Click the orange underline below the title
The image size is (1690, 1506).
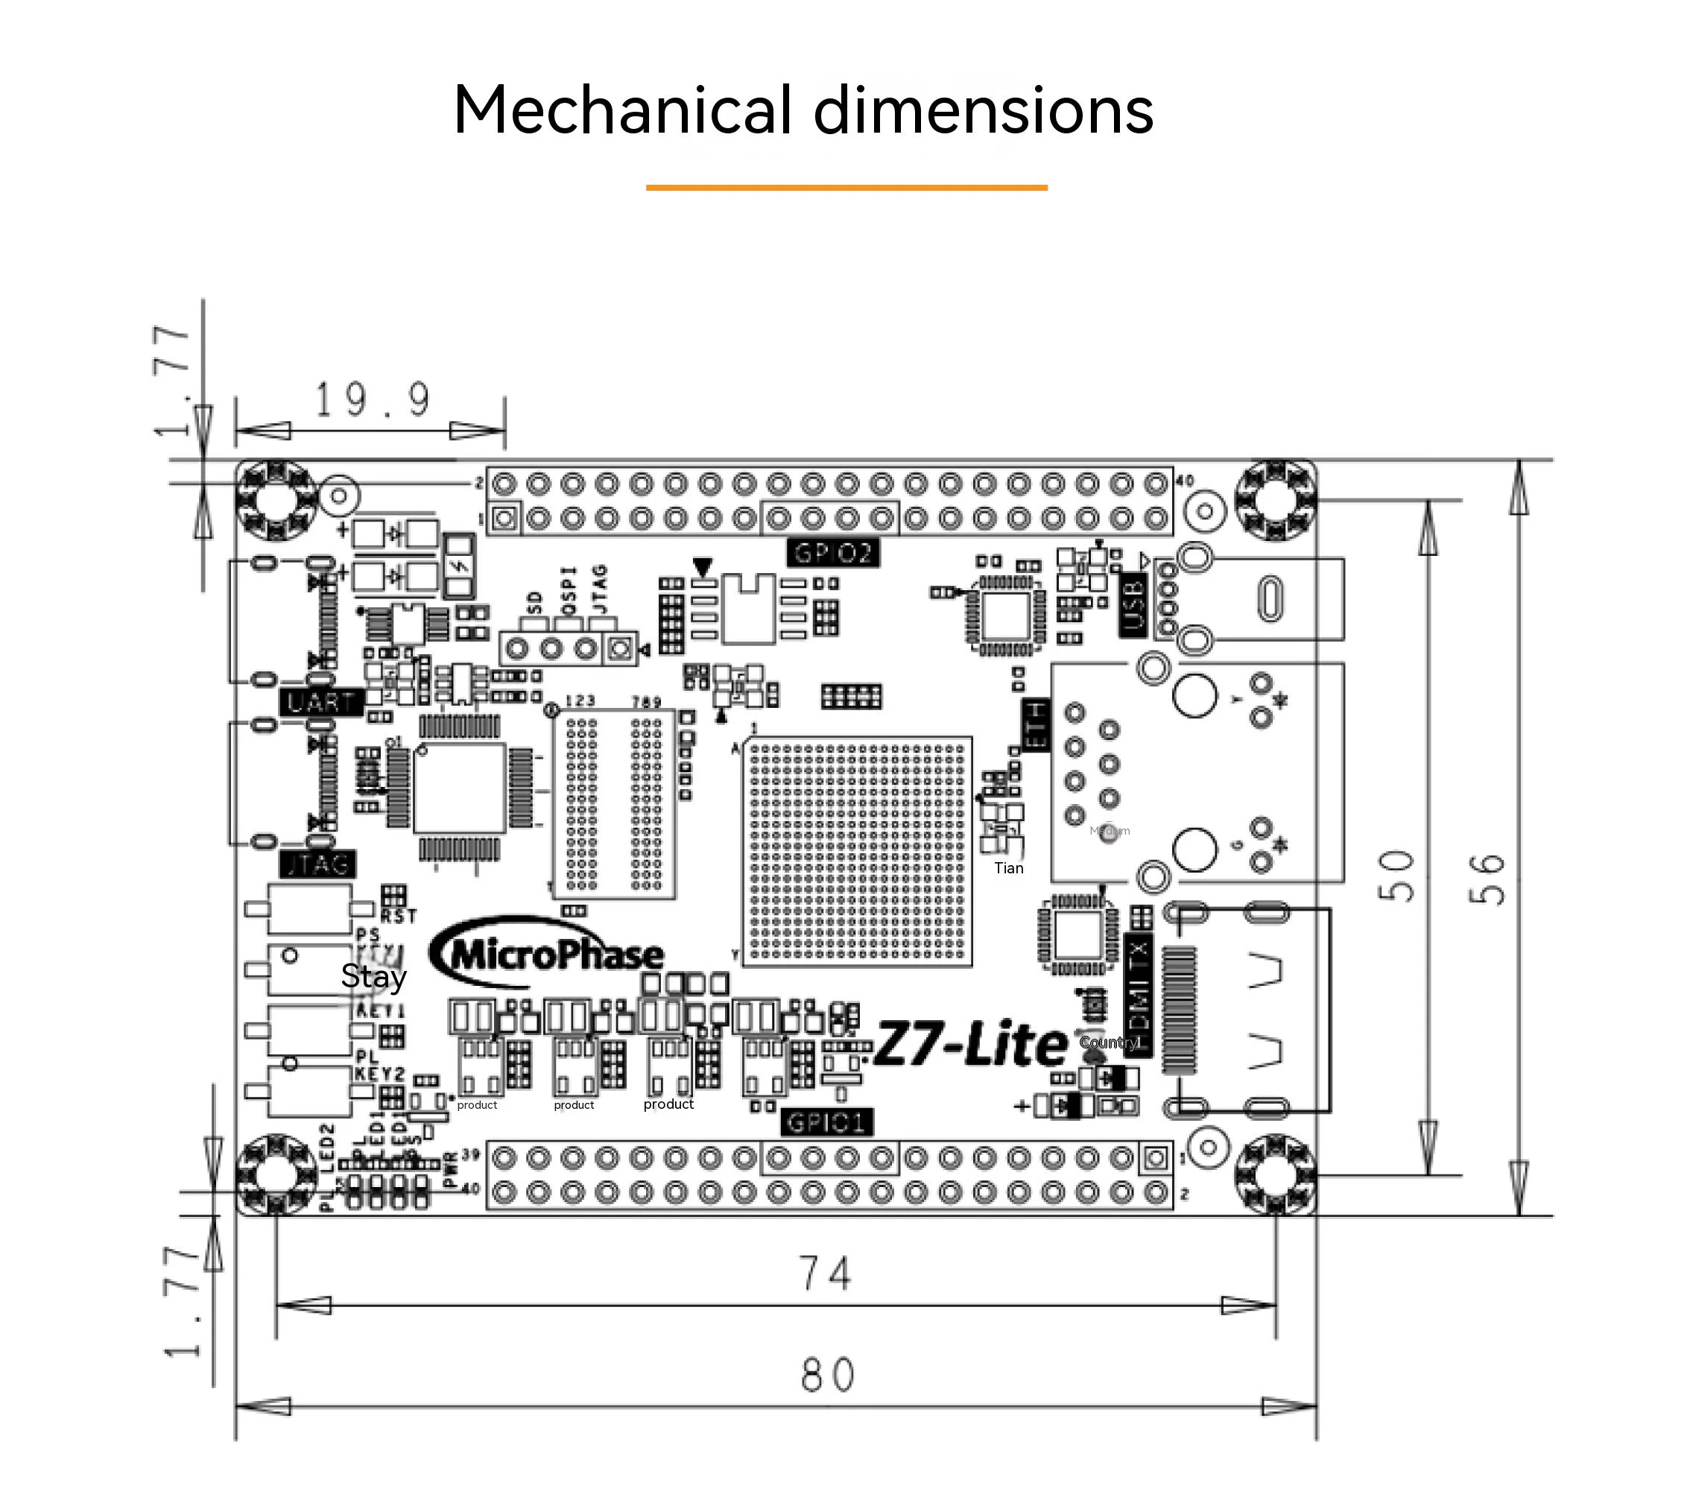(x=846, y=188)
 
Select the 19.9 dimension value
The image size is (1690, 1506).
(x=372, y=399)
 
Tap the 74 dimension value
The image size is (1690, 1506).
(x=824, y=1274)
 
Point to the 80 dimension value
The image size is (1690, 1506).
(x=827, y=1376)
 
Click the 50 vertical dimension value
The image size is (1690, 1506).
(x=1396, y=876)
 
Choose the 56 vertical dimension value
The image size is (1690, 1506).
(x=1487, y=879)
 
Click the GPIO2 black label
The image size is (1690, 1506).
(x=832, y=553)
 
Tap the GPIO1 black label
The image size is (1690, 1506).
(x=827, y=1123)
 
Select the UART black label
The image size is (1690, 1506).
(x=321, y=703)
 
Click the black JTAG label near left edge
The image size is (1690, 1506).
(x=319, y=864)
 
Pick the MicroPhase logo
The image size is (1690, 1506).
(x=548, y=953)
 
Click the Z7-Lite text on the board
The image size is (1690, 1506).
(x=970, y=1044)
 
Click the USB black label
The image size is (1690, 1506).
(x=1132, y=606)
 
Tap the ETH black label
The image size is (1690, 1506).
(x=1037, y=725)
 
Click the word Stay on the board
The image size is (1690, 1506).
(x=373, y=976)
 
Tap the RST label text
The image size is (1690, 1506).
(x=398, y=916)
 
